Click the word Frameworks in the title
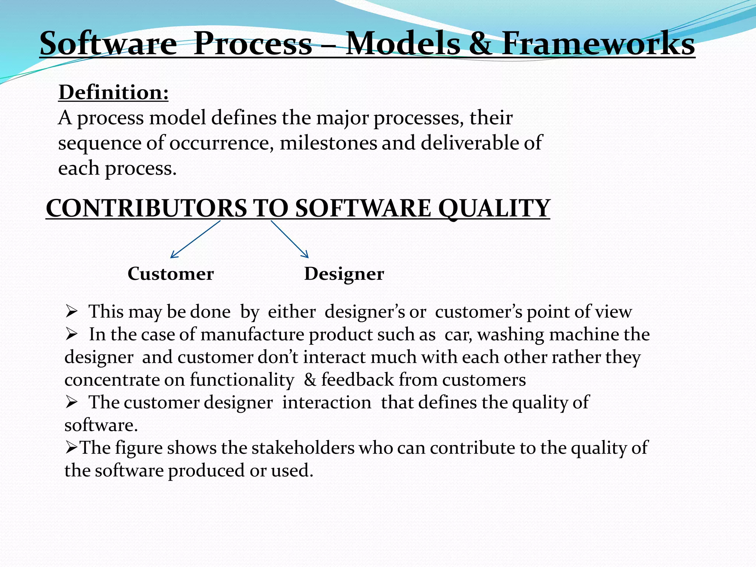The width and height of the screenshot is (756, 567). [598, 44]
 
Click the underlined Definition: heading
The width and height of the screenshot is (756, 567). [113, 92]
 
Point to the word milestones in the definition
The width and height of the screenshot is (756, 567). [328, 143]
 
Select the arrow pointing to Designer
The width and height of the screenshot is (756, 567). [290, 239]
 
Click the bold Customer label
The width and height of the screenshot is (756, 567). [171, 274]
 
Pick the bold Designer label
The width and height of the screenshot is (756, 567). [344, 274]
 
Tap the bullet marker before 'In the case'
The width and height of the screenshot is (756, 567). [71, 335]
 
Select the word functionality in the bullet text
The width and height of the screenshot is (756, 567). [242, 380]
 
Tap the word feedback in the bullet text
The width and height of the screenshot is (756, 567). [357, 380]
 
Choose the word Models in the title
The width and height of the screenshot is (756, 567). [403, 44]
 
